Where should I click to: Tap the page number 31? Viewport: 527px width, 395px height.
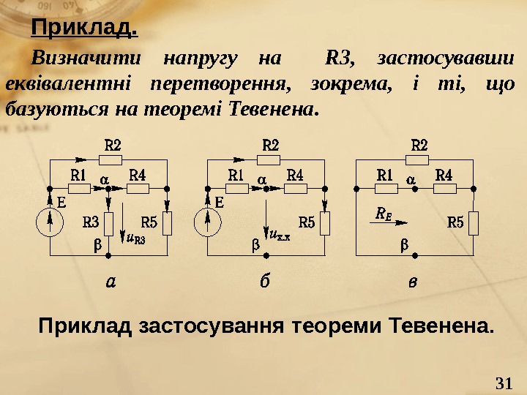pos(504,382)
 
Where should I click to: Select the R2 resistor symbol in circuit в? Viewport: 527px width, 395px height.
pos(419,158)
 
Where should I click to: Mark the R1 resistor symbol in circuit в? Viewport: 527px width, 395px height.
pos(386,189)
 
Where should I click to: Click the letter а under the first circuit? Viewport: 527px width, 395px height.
pos(111,282)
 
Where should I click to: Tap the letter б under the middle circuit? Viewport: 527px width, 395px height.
pos(264,281)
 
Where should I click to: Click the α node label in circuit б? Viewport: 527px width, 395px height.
pos(261,178)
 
